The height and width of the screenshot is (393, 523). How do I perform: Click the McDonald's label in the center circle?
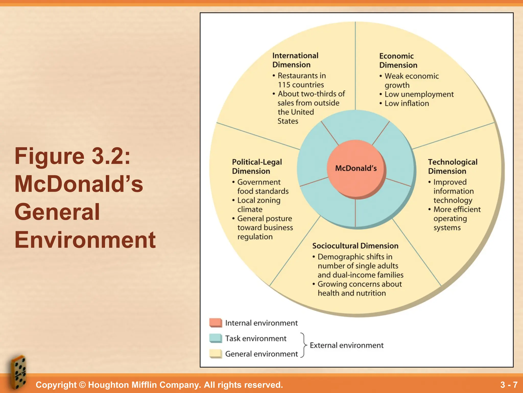coord(356,168)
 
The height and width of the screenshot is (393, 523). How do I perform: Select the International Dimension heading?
coord(295,60)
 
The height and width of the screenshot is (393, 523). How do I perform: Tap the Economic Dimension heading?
coord(398,61)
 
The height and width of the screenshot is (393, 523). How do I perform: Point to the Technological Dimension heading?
coord(453,167)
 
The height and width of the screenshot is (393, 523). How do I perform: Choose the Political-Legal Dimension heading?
coord(257,167)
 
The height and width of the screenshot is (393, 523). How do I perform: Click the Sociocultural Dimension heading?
coord(355,246)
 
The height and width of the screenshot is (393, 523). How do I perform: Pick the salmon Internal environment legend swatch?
coord(216,323)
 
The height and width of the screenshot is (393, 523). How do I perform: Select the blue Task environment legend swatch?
coord(216,338)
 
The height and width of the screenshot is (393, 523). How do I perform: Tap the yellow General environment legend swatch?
coord(216,354)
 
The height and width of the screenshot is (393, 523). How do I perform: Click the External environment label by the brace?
coord(347,345)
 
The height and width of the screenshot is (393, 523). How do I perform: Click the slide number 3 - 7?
coord(509,385)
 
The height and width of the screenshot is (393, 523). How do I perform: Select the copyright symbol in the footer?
coord(82,385)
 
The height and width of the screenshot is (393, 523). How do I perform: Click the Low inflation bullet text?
coord(407,103)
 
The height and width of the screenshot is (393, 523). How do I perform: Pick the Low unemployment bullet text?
coord(419,94)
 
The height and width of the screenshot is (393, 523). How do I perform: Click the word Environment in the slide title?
coord(85,240)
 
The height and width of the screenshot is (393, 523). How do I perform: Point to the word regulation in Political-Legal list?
coord(255,237)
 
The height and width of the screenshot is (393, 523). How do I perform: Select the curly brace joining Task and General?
coord(303,345)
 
